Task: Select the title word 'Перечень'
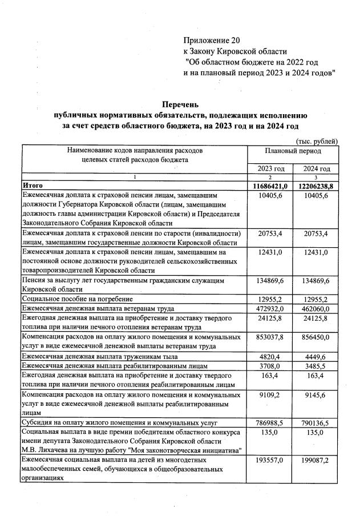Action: [180, 104]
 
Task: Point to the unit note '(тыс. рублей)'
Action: [317, 141]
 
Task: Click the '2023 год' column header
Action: [270, 169]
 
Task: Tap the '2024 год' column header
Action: [316, 169]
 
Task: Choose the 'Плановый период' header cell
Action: [293, 151]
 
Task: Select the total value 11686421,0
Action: [270, 186]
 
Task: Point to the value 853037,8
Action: [270, 337]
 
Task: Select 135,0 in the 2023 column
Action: [270, 433]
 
